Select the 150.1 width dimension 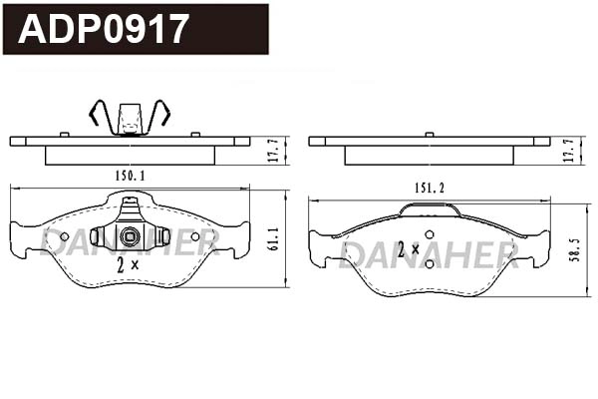click(x=131, y=176)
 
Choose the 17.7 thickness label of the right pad click(x=569, y=150)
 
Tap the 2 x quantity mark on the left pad click(x=128, y=264)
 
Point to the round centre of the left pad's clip click(x=130, y=236)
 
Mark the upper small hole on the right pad click(x=430, y=235)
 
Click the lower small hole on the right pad click(x=430, y=263)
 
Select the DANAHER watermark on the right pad click(x=429, y=256)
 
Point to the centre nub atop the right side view click(x=430, y=133)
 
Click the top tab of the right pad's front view click(x=430, y=209)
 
